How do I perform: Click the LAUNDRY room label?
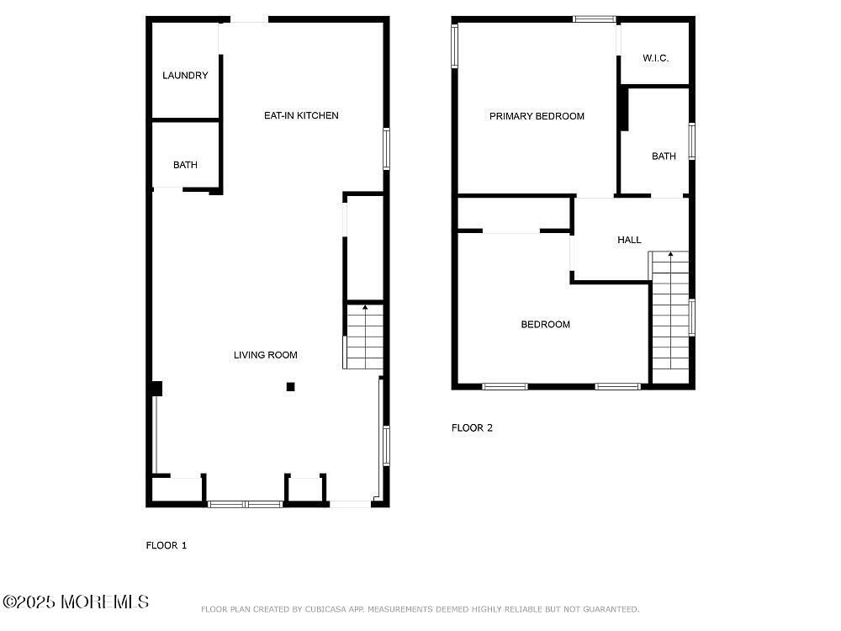(x=185, y=76)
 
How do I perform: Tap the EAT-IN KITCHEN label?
(x=301, y=115)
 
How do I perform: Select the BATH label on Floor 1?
(x=185, y=165)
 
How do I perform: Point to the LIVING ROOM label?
(x=265, y=355)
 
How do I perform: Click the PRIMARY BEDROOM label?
(x=537, y=116)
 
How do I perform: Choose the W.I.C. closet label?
(x=655, y=58)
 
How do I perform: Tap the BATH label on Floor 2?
(x=664, y=156)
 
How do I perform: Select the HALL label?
(x=629, y=240)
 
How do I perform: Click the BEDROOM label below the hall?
(x=545, y=325)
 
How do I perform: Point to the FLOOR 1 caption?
(x=167, y=545)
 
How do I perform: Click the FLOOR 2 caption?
(x=472, y=427)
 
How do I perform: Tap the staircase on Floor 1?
(x=363, y=337)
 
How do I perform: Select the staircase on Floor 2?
(x=670, y=315)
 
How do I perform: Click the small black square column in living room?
(x=290, y=387)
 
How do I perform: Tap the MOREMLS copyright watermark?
(x=76, y=602)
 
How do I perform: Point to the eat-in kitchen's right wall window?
(x=387, y=148)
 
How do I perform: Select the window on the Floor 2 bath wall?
(x=691, y=141)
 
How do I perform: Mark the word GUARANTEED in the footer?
(x=608, y=609)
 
